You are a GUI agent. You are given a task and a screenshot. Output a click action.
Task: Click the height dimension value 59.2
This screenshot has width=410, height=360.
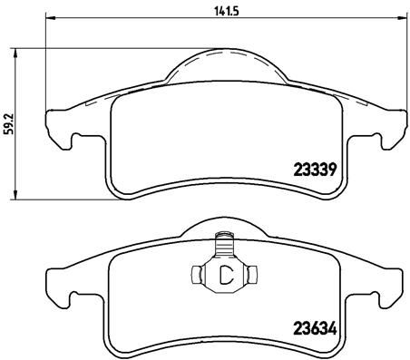[8, 122]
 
